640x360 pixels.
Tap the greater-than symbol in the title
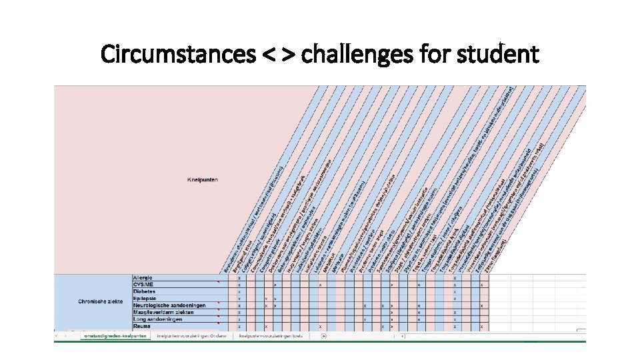tap(287, 55)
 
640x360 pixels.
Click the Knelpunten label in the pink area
tap(203, 179)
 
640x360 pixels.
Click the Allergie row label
tap(143, 277)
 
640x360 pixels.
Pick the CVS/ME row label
tap(143, 285)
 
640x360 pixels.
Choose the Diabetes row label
tap(144, 291)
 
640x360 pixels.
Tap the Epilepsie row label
tap(145, 299)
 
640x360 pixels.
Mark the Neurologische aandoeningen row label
tap(169, 305)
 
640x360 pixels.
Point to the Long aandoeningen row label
tap(157, 319)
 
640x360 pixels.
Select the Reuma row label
tap(142, 327)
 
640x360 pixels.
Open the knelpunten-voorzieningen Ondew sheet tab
tap(191, 336)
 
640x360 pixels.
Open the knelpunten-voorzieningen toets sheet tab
tap(271, 336)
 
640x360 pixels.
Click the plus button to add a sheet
tap(324, 336)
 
